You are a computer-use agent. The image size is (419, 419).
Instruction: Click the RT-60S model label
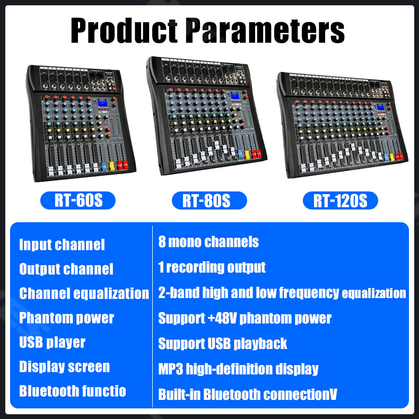pos(77,201)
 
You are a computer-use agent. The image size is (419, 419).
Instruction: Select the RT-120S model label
pos(340,201)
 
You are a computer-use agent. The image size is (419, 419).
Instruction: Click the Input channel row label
pos(62,245)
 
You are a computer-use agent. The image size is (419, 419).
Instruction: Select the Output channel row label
pos(66,269)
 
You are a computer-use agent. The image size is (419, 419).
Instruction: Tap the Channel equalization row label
pos(84,293)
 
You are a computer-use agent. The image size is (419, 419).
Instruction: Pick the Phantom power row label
pos(67,318)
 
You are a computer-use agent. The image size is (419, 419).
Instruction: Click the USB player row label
pos(53,342)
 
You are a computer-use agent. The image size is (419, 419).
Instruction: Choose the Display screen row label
pos(65,366)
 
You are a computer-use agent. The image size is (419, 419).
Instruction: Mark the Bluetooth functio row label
pos(73,391)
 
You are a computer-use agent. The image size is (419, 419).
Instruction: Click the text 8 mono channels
pos(208,242)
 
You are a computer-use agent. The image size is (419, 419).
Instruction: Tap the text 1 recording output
pos(212,267)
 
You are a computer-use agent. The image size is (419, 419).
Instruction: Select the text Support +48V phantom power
pos(245,318)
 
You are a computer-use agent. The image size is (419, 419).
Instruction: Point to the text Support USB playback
pos(223,343)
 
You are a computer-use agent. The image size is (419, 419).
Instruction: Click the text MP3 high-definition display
pos(238,369)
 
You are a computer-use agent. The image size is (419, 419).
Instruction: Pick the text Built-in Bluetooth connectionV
pos(248,394)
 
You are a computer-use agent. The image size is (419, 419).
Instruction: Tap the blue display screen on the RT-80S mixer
pos(234,96)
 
